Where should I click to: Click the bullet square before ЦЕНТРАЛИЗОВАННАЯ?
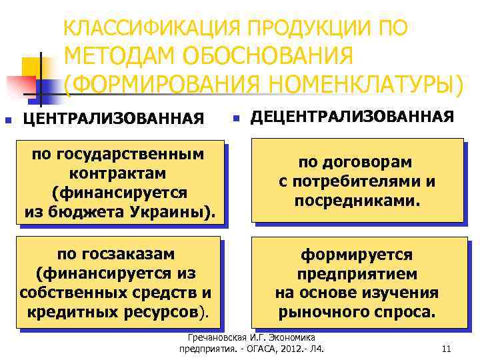7,121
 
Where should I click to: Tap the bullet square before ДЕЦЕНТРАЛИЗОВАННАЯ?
235,120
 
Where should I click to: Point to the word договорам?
355,162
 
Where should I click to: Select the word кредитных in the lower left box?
67,311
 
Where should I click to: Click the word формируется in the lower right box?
357,255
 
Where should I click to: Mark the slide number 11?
447,349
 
